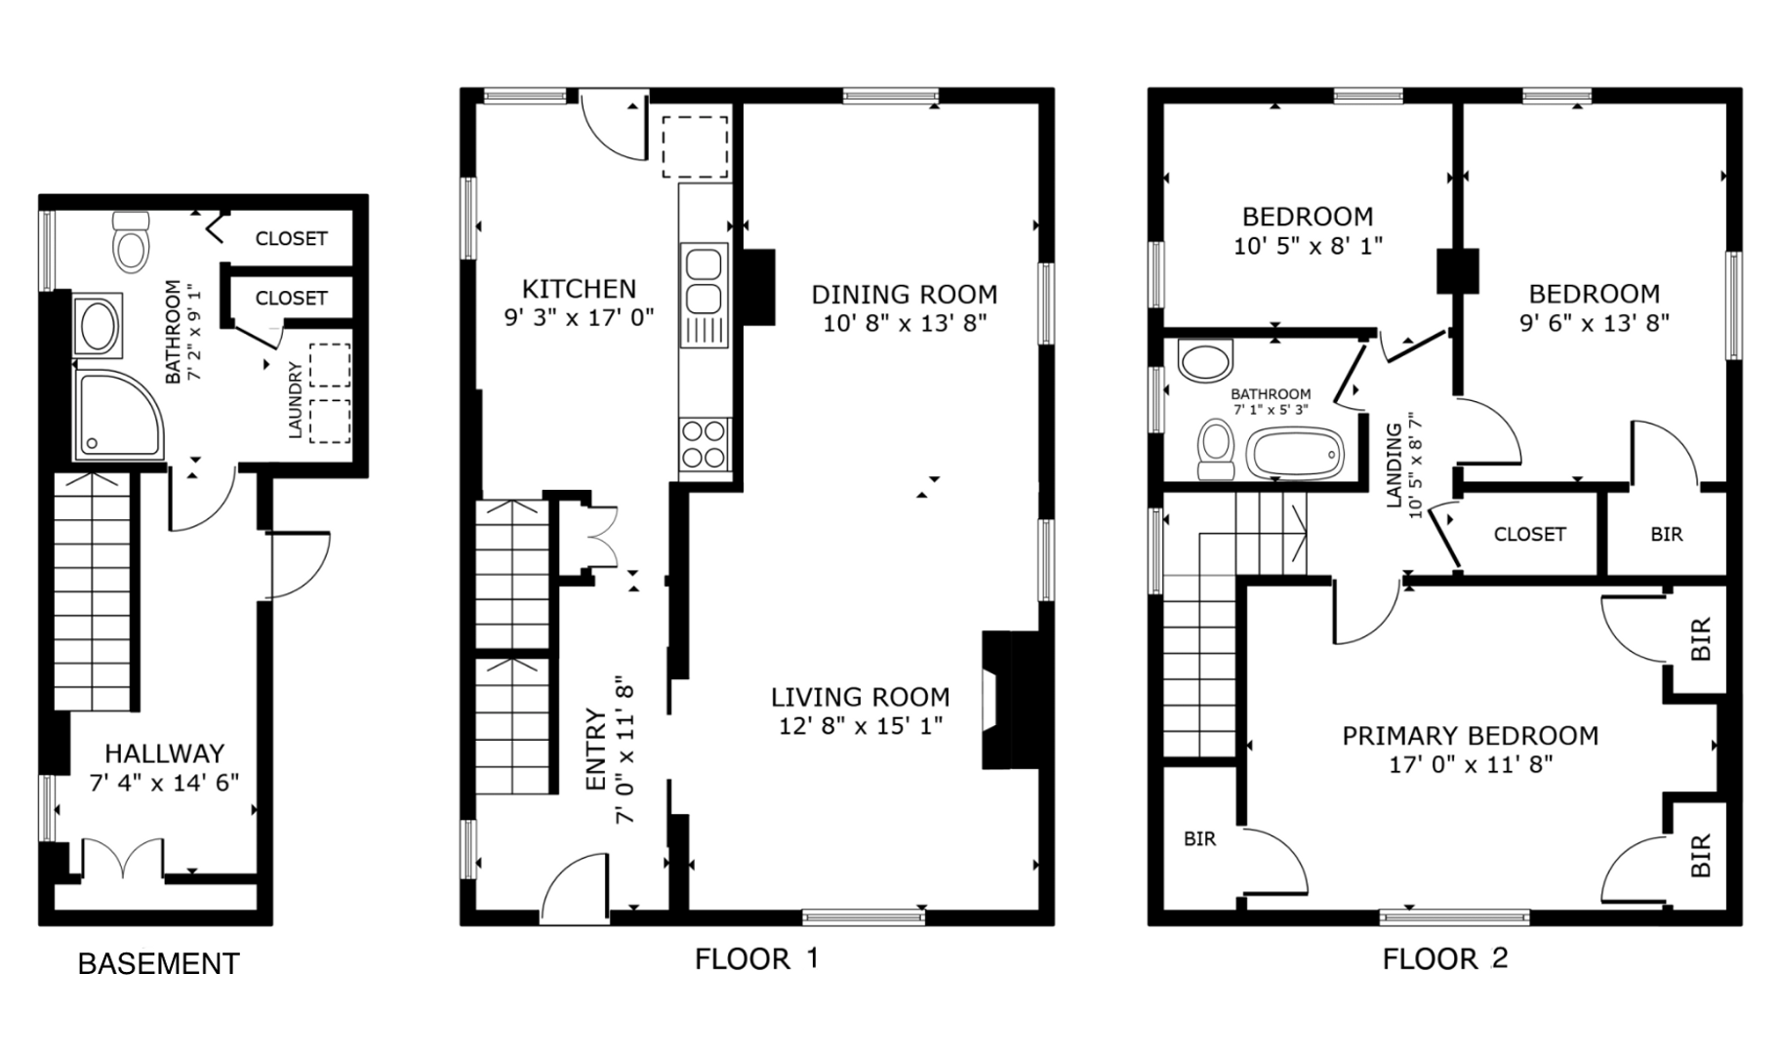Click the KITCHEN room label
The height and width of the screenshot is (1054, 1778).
579,289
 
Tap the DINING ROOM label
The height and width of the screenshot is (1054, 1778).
905,295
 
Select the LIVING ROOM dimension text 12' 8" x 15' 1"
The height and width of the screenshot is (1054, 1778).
860,726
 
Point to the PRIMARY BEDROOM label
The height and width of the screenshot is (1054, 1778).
1471,736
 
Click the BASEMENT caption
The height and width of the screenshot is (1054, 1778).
158,964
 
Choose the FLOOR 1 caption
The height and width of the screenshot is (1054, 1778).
756,959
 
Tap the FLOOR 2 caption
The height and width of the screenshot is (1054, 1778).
1445,959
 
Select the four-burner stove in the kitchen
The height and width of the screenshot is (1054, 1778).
705,444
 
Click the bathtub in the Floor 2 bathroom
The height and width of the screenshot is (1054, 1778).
1295,455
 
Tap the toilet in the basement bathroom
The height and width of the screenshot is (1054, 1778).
131,240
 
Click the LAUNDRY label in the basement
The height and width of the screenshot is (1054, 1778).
296,400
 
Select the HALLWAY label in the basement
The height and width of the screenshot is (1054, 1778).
165,753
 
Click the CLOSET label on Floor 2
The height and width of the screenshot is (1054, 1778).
1529,534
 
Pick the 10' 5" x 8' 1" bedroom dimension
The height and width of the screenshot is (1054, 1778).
1308,246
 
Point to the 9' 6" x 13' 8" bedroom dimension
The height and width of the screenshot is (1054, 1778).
1595,323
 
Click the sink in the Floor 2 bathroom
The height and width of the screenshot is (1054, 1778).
1206,360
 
